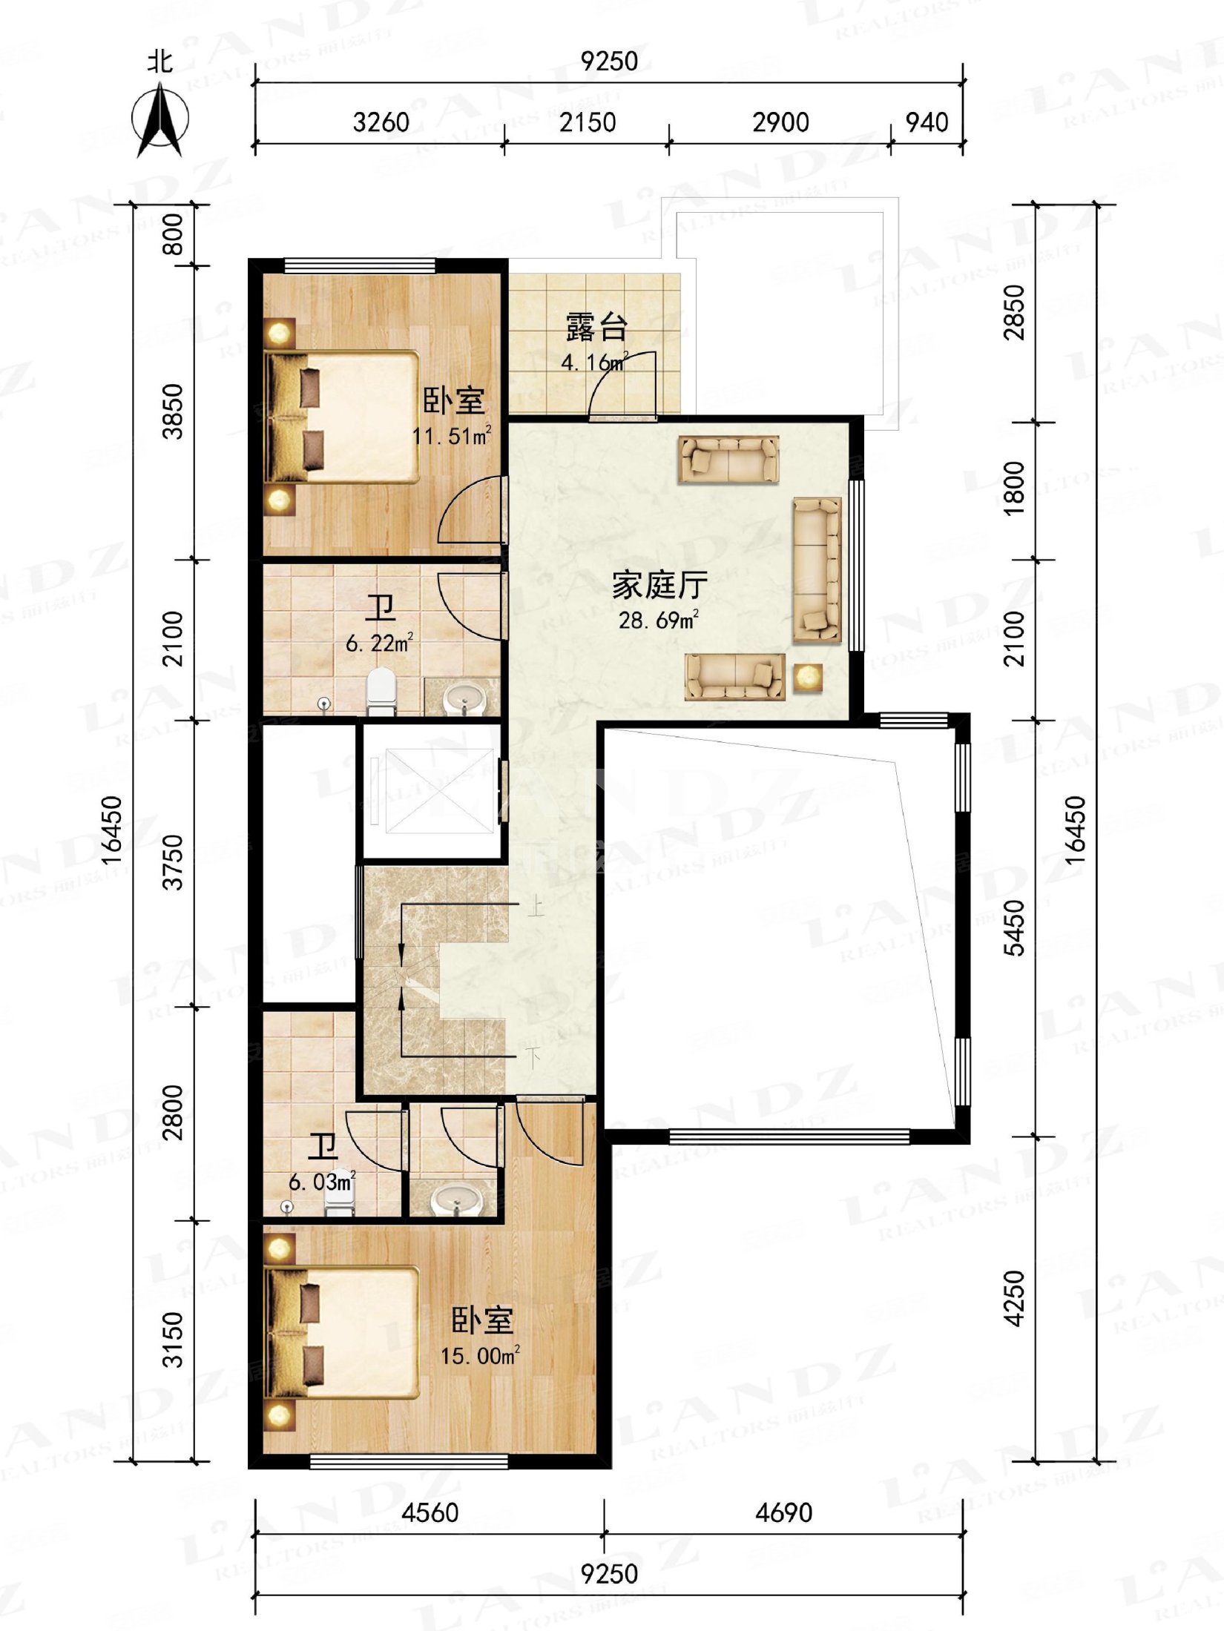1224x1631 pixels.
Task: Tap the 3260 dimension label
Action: (x=381, y=122)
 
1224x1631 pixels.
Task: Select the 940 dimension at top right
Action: (x=927, y=122)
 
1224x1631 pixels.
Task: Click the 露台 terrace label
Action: (x=596, y=327)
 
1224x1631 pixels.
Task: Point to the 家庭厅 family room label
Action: (x=659, y=586)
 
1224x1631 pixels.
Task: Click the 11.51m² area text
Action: (x=451, y=435)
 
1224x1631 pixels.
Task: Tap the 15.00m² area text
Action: (x=480, y=1356)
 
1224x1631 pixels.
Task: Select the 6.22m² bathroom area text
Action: (x=379, y=643)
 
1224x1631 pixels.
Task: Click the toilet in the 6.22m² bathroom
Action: (x=382, y=691)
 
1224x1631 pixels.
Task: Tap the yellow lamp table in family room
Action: (x=807, y=678)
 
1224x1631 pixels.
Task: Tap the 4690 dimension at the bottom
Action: (x=783, y=1512)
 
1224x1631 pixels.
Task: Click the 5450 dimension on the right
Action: (x=1014, y=927)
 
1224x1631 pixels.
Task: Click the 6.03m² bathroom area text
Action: (x=321, y=1182)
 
